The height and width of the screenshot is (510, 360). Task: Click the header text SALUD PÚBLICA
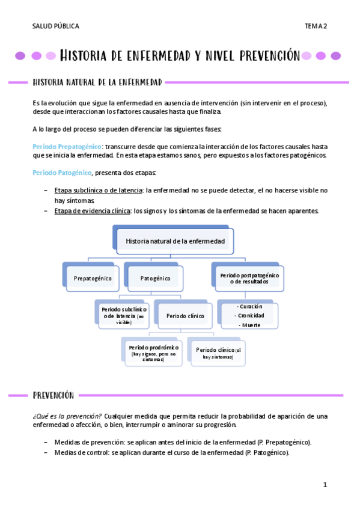coord(56,26)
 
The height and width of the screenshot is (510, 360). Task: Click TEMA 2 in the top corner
coord(316,26)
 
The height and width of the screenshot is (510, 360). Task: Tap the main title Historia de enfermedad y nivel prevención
coord(180,56)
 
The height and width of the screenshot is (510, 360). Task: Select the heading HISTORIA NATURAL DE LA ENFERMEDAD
coord(97,81)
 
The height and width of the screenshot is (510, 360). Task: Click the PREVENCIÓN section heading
coord(53,395)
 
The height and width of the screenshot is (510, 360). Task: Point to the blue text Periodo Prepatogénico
coord(67,146)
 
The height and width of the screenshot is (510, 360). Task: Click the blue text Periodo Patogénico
coord(62,173)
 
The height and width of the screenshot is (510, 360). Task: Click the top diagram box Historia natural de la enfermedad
coord(175,241)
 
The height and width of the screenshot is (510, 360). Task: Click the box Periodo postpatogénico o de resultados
coord(249,278)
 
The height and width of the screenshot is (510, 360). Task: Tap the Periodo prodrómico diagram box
coord(153,351)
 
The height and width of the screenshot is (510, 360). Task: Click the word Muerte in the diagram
coord(251,325)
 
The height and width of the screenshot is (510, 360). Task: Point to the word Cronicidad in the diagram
coord(251,315)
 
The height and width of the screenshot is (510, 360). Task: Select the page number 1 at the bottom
coord(325,485)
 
